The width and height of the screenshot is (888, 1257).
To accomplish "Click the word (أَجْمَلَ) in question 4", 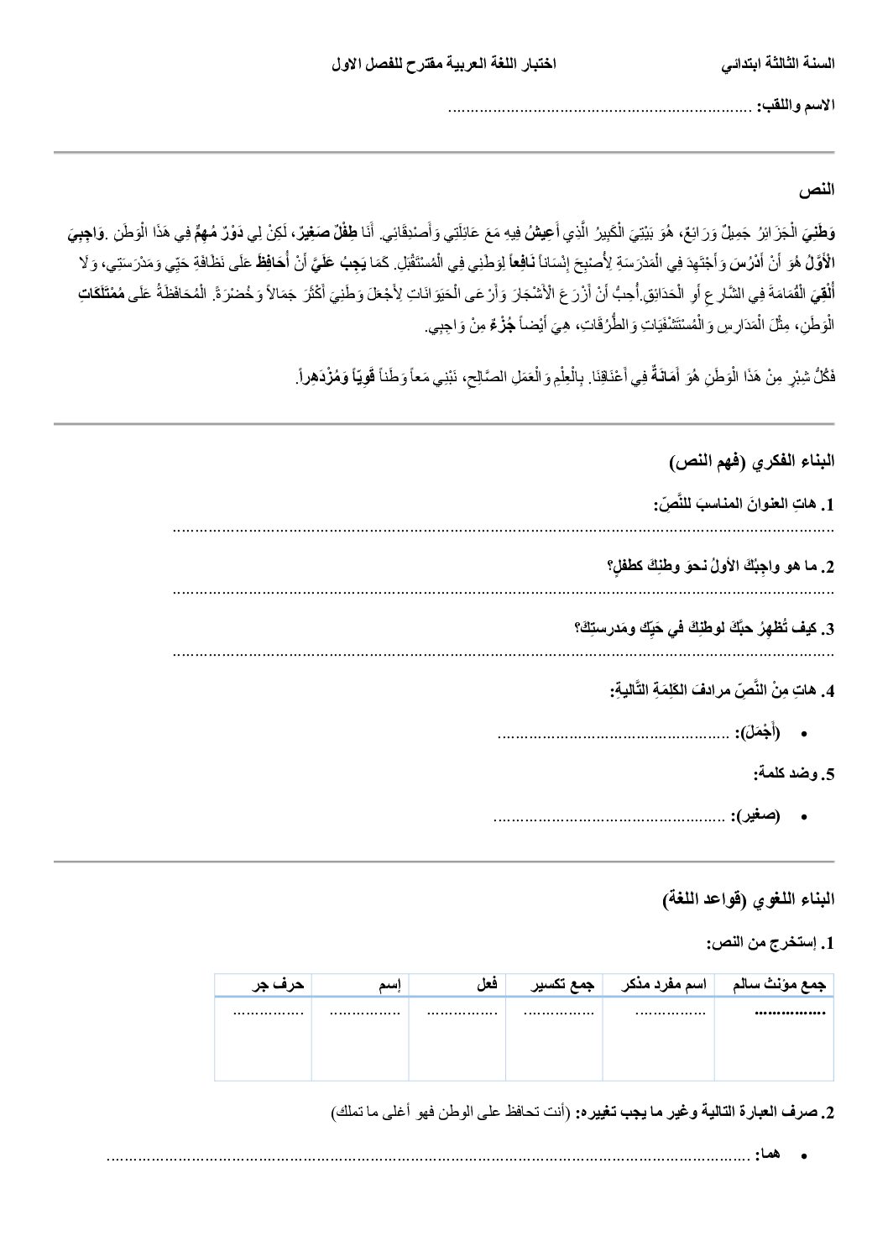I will pos(758,734).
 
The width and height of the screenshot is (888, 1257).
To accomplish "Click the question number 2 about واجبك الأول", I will pos(828,567).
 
